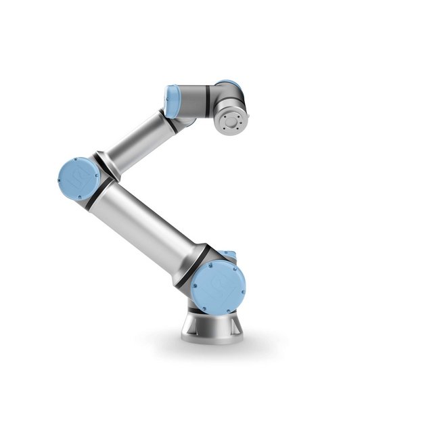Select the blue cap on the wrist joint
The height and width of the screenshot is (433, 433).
point(171,99)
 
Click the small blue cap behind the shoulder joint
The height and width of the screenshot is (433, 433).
point(230,255)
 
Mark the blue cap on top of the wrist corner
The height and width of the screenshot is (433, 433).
point(227,83)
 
